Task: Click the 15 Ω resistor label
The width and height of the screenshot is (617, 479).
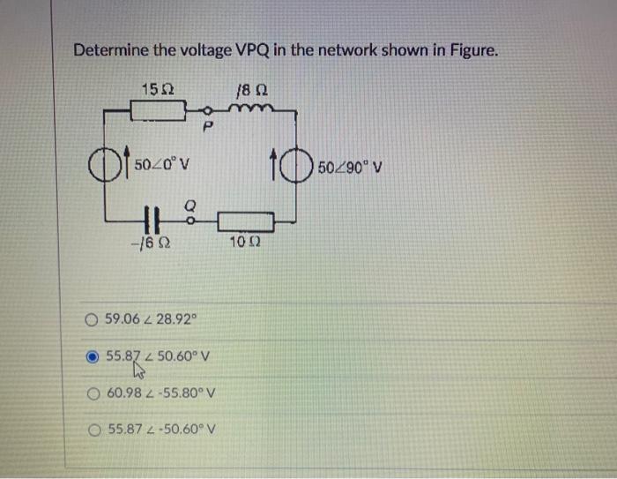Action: [x=156, y=89]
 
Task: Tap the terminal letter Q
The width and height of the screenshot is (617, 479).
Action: [x=189, y=204]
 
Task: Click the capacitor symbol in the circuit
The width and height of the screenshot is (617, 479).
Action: [x=151, y=218]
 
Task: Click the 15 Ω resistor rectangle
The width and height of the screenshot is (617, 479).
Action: [x=157, y=112]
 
